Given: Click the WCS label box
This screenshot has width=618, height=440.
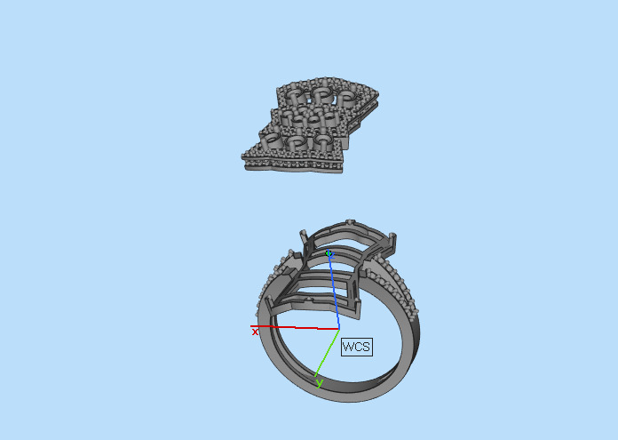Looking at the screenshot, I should (x=356, y=346).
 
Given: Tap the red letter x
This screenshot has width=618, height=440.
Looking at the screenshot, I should (x=255, y=332).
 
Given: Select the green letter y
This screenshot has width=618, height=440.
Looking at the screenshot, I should (x=319, y=384).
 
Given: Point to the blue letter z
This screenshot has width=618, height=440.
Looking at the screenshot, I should (x=331, y=254).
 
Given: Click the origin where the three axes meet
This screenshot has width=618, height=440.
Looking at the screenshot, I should (x=339, y=329).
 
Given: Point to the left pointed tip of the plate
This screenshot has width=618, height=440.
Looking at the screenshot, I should (x=244, y=161).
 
